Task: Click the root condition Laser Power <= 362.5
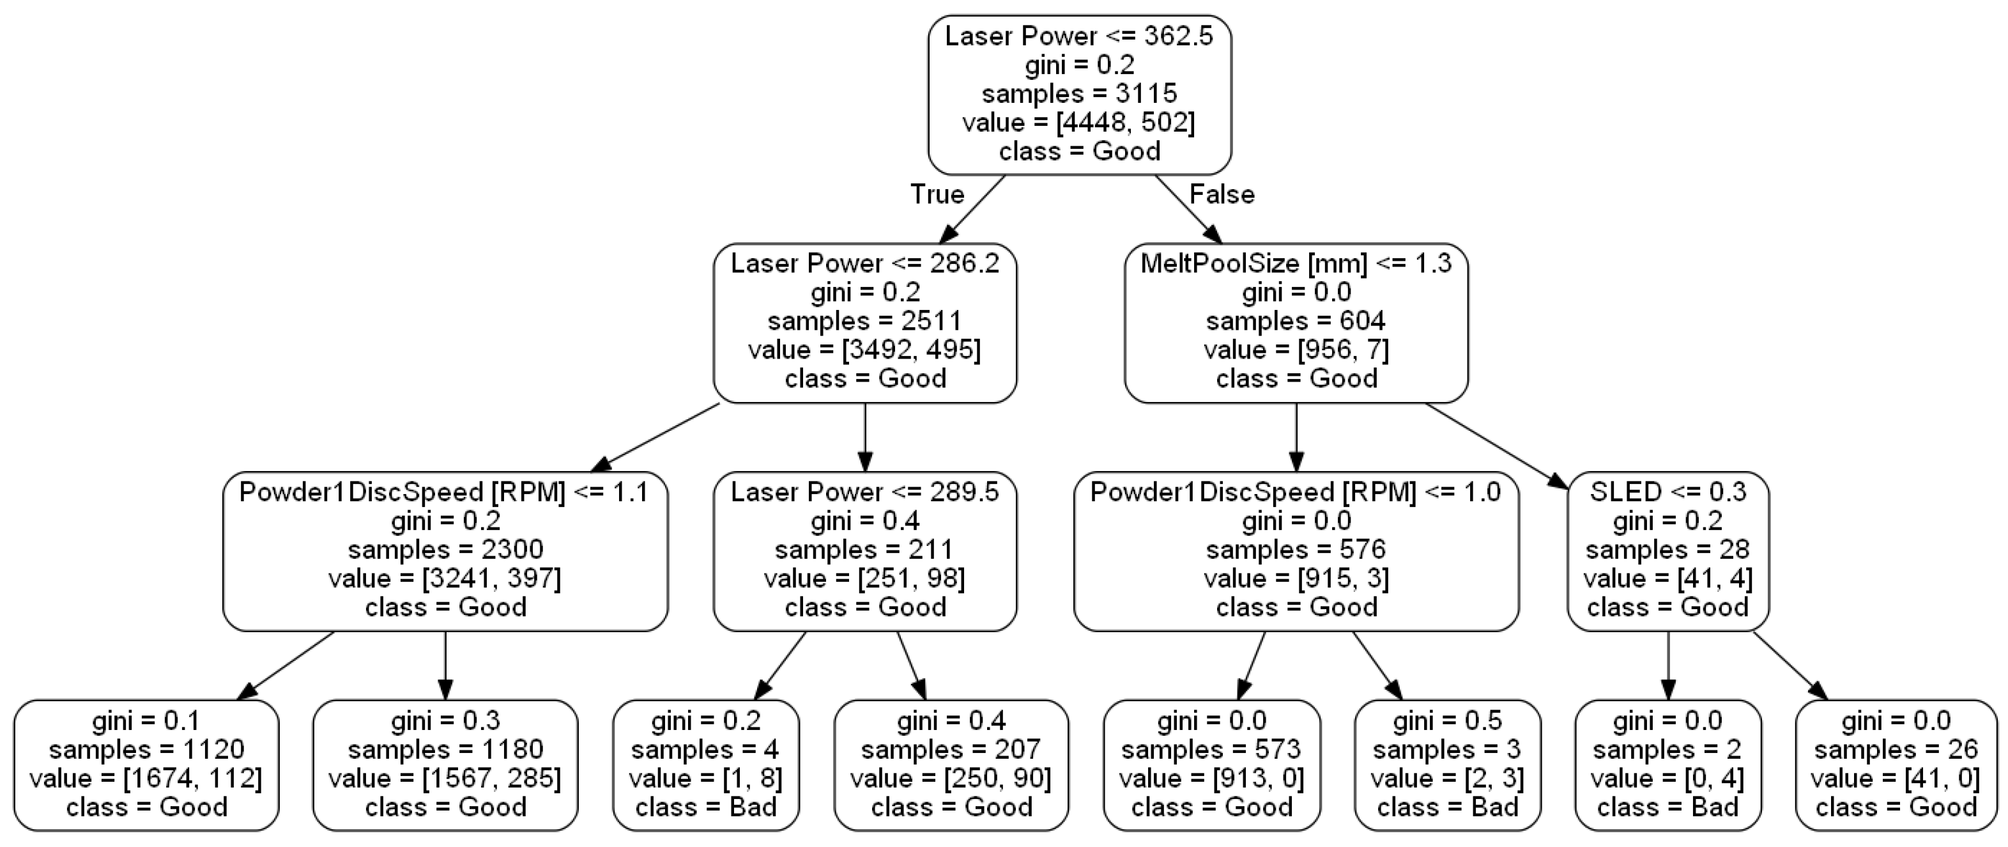(1079, 36)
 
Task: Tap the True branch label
(937, 194)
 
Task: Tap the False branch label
(1222, 194)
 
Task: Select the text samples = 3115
(1079, 93)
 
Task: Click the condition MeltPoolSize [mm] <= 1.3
(1296, 263)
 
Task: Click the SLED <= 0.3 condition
(1667, 492)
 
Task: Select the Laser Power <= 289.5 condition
(864, 492)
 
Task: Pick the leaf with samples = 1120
(146, 765)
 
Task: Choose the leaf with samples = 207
(951, 765)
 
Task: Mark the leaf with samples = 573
(1211, 765)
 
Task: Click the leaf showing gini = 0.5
(1448, 765)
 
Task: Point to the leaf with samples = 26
(1896, 765)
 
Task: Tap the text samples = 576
(1296, 550)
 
